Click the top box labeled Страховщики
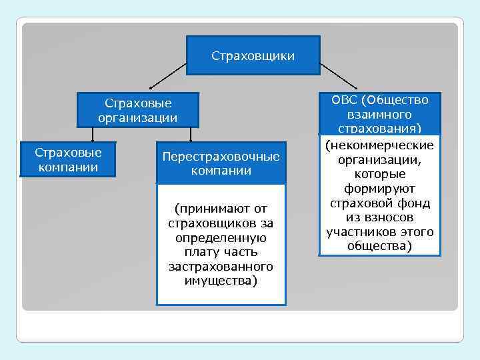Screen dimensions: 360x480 coord(253,55)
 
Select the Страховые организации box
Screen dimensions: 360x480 coord(138,110)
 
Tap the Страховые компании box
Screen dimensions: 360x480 coord(68,159)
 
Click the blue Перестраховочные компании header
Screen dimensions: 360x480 coord(221,163)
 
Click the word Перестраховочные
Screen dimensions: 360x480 coord(221,157)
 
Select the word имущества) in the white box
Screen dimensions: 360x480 coord(221,281)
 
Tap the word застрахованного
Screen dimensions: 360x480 coord(221,267)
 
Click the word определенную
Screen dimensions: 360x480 coord(221,238)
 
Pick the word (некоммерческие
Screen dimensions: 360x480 coord(379,145)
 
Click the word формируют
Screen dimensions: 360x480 coord(379,189)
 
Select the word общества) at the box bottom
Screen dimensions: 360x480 coord(379,246)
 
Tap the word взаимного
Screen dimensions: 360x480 coord(379,114)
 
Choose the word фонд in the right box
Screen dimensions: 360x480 coord(413,203)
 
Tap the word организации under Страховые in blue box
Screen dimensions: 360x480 coord(138,118)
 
